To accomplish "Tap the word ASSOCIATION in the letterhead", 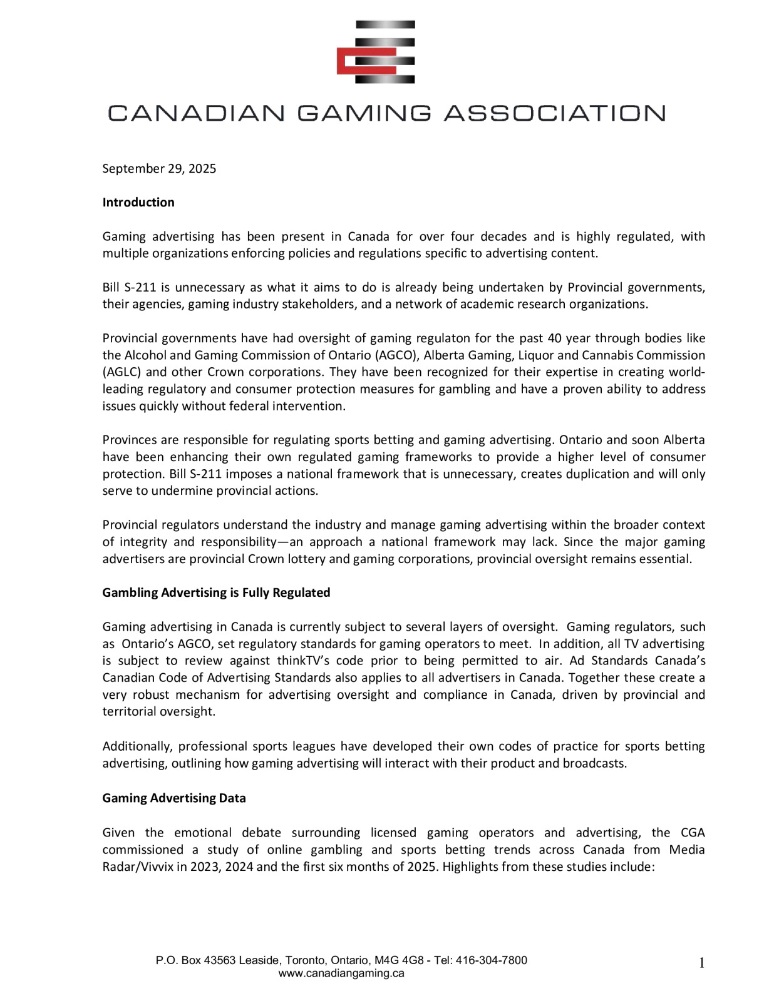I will coord(554,113).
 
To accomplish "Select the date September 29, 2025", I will coord(159,168).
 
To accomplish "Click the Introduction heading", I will coord(138,202).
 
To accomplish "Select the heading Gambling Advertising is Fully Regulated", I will coord(216,592).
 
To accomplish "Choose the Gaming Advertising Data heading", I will coord(174,798).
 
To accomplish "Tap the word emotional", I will coord(202,833).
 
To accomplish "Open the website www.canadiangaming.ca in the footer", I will coord(341,973).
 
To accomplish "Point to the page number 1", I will coord(701,963).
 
